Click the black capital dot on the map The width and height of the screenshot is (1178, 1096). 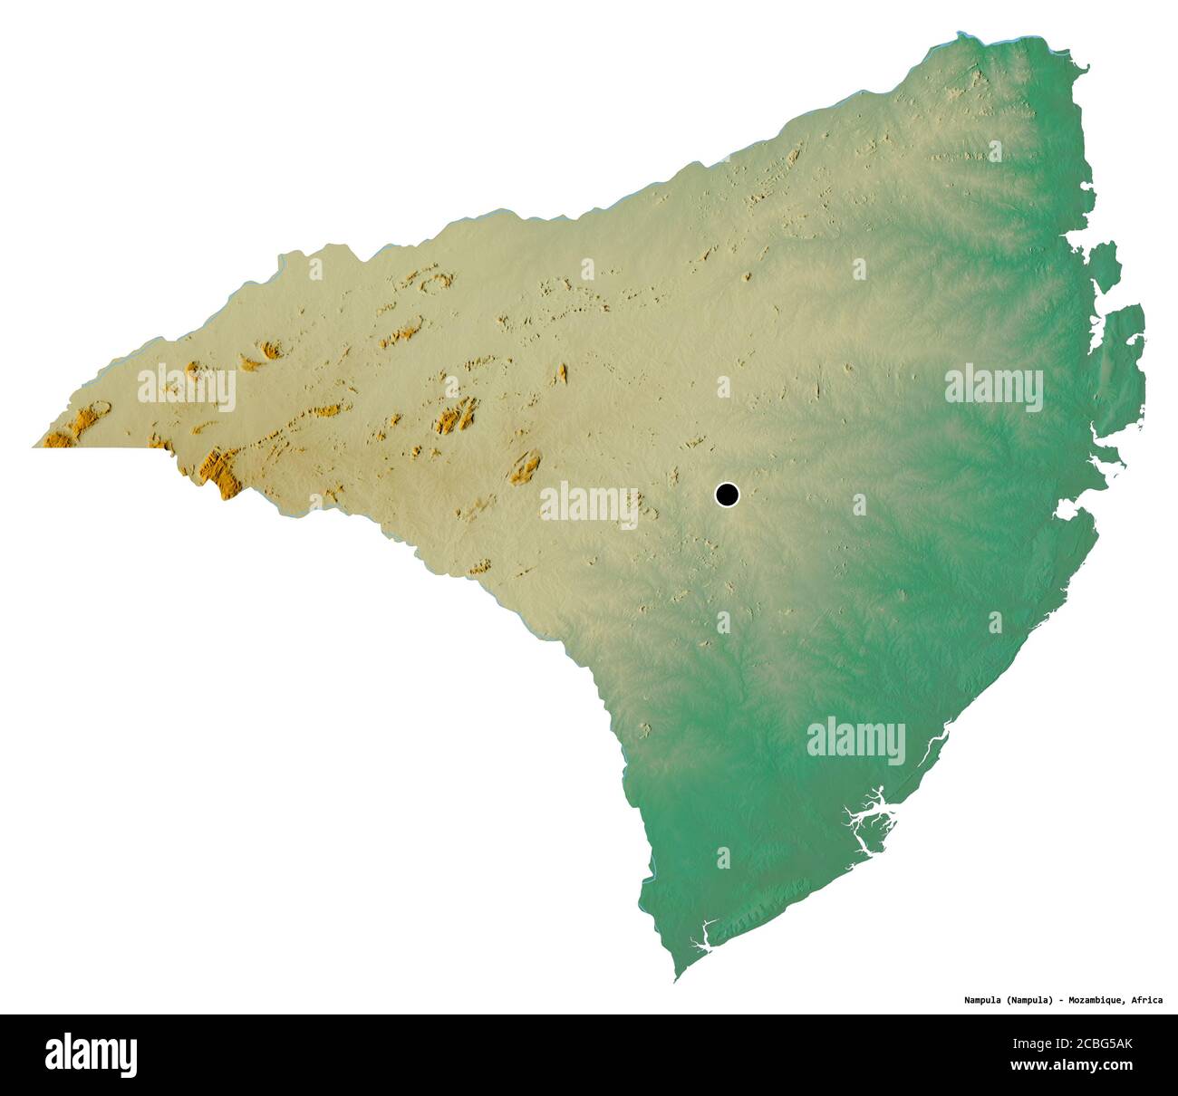tap(727, 495)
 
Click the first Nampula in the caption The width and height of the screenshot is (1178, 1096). tap(981, 1000)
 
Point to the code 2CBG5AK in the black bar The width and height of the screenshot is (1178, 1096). tap(1099, 1044)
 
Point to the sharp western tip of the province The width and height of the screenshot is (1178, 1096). tap(34, 447)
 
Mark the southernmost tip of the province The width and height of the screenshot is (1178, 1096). tap(675, 981)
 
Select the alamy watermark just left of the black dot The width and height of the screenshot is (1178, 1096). tap(589, 505)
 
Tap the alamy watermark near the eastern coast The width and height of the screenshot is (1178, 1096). tap(993, 388)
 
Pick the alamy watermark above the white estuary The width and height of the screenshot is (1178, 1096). tap(855, 741)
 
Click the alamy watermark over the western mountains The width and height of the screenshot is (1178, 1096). tap(187, 388)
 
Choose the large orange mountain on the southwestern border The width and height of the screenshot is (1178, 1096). tap(220, 471)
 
